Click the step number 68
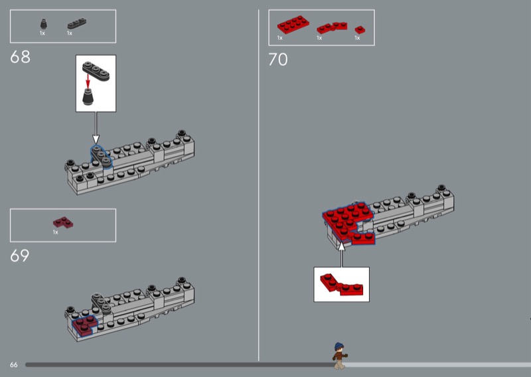tap(21, 57)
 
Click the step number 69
tap(20, 256)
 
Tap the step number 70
tap(278, 60)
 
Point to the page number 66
tap(13, 365)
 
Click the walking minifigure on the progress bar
tap(340, 356)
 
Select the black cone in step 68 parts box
tap(43, 24)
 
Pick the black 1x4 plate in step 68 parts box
tap(77, 23)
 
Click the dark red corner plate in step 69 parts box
tap(63, 222)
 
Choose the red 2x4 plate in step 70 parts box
tap(293, 25)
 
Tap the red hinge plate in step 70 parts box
tap(332, 28)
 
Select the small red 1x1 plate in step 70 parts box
tap(360, 29)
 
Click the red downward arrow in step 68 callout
tap(88, 82)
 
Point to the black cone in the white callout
tap(88, 97)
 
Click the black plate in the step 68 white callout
tap(96, 71)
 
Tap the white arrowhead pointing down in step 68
tap(96, 139)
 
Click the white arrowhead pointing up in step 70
tap(342, 246)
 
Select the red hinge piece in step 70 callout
tap(341, 285)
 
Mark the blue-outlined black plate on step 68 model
tap(101, 157)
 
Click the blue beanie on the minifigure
tap(339, 346)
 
